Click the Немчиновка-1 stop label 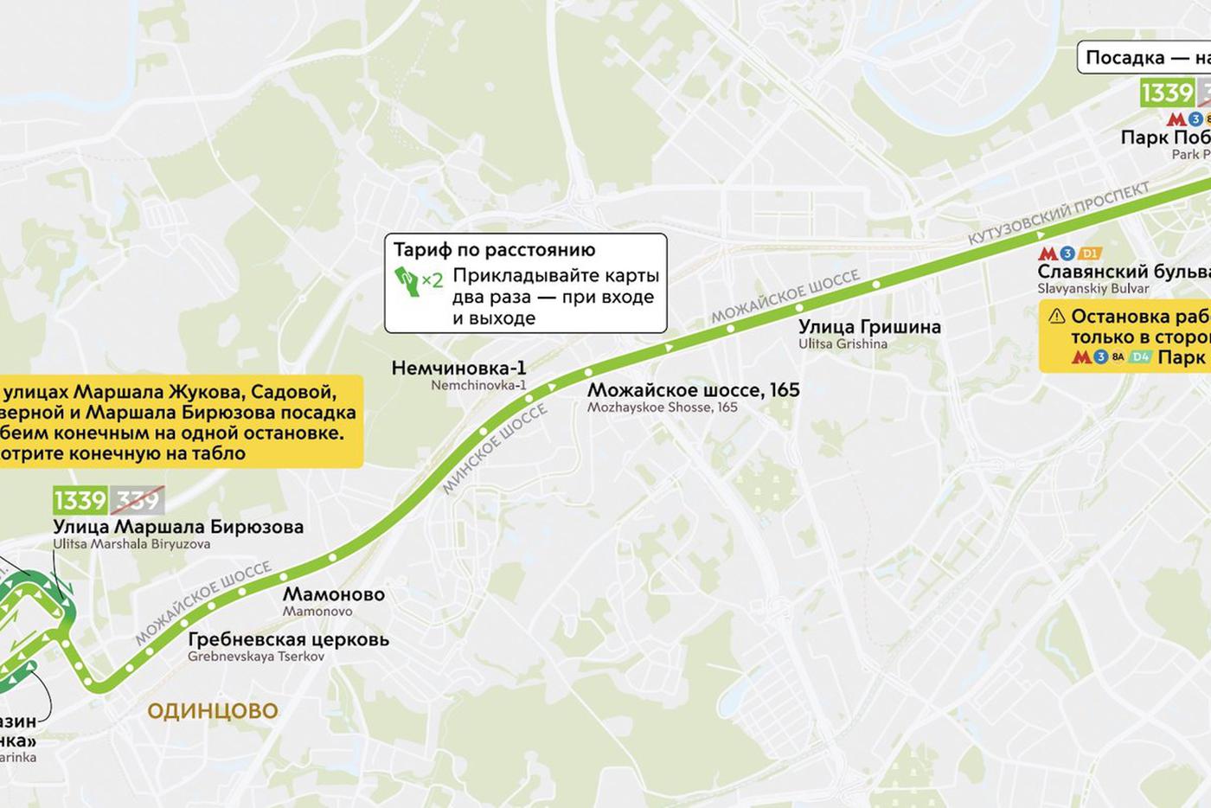point(458,368)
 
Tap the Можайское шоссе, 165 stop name point(693,390)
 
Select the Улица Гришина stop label point(869,327)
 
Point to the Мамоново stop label point(333,594)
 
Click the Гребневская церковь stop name point(288,640)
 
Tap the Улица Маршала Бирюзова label point(178,527)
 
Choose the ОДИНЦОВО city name point(213,711)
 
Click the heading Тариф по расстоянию point(494,250)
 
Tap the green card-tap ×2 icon point(418,280)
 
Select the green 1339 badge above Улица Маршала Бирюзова point(80,500)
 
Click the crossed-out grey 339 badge point(137,500)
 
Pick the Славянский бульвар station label point(1124,272)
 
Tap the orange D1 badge point(1090,253)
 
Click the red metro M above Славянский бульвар point(1048,254)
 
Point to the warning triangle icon point(1056,317)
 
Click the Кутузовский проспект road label point(1058,212)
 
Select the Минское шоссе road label point(495,450)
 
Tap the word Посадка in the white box point(1124,58)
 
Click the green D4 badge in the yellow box point(1140,356)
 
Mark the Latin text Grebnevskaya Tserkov point(256,657)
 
